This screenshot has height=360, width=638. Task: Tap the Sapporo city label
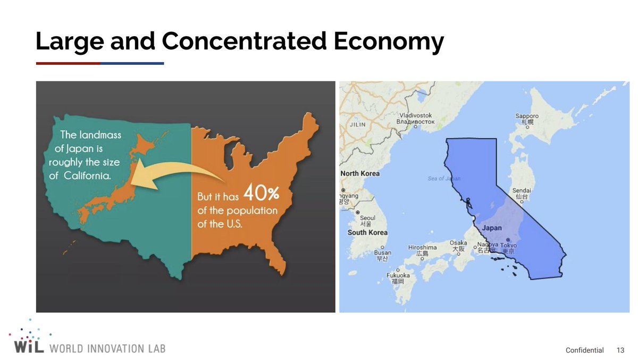click(527, 116)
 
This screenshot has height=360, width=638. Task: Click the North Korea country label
click(359, 174)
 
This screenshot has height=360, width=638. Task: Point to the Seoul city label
click(367, 218)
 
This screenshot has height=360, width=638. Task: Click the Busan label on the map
click(382, 253)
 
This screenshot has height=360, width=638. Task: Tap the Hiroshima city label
click(422, 248)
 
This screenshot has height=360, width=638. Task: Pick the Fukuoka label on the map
click(398, 275)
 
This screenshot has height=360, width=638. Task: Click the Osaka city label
click(458, 243)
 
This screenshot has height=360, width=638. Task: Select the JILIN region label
click(357, 125)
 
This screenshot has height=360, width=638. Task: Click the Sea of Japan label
click(444, 178)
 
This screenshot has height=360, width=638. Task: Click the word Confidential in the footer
click(584, 350)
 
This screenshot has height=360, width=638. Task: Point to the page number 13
click(620, 350)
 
